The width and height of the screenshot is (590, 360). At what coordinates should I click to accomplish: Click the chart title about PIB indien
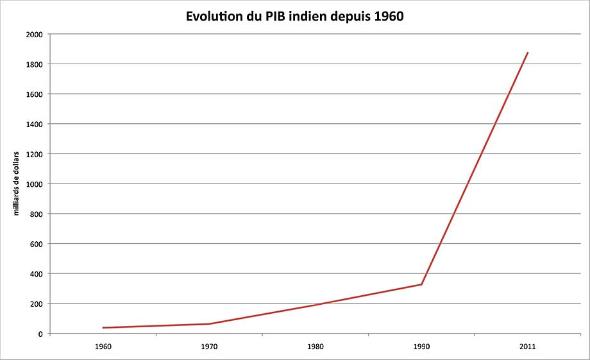click(x=295, y=16)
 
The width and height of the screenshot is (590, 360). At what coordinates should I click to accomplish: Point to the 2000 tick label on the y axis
click(x=35, y=35)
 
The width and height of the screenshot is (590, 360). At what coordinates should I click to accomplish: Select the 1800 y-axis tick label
click(x=35, y=64)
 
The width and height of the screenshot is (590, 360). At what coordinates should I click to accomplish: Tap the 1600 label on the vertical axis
click(x=35, y=94)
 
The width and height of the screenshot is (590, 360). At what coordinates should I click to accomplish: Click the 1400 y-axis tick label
click(x=35, y=124)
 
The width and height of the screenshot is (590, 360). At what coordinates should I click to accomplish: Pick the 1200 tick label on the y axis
click(x=35, y=154)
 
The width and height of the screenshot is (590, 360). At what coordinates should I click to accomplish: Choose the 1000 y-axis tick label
click(x=35, y=184)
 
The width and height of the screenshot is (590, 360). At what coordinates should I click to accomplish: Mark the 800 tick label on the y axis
click(x=37, y=214)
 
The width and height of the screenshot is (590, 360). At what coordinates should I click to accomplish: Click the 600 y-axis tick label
click(x=37, y=244)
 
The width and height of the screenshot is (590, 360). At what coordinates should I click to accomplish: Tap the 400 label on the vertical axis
click(x=37, y=274)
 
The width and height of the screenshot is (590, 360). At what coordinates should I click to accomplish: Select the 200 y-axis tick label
click(x=37, y=304)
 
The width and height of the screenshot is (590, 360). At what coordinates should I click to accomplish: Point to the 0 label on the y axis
click(x=40, y=334)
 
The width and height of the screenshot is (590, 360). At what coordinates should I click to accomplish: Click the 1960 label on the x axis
click(x=103, y=347)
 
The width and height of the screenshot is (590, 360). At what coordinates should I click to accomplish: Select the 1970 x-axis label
click(x=209, y=347)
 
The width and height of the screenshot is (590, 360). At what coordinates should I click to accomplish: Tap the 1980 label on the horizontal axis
click(x=316, y=347)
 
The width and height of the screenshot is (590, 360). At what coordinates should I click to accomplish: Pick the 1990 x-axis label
click(x=421, y=347)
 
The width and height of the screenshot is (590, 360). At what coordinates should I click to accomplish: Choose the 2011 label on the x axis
click(x=528, y=347)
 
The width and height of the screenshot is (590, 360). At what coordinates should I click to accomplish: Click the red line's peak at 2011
click(x=528, y=53)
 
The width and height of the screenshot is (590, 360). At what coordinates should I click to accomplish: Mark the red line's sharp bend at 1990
click(x=421, y=284)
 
